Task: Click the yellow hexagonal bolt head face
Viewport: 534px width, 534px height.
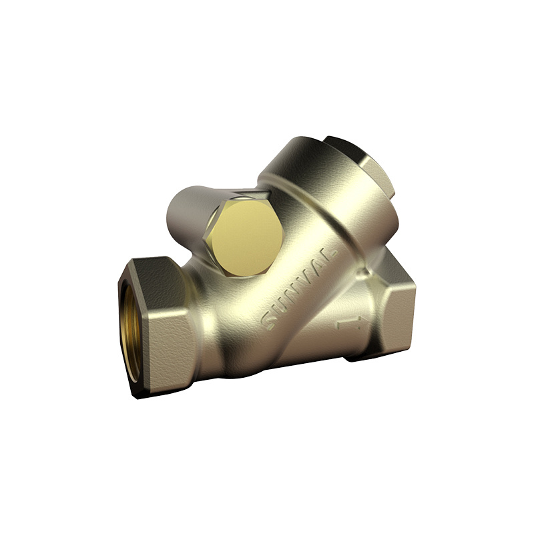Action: point(245,237)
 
